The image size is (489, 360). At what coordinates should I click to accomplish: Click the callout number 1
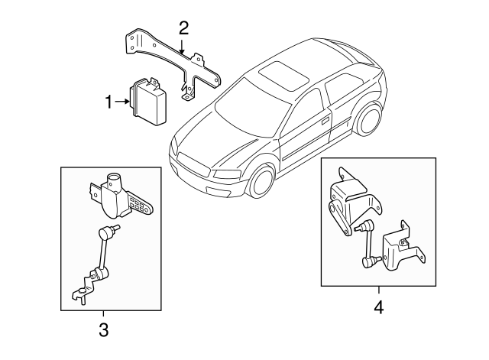click(108, 100)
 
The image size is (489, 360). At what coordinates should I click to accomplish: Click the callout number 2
click(183, 29)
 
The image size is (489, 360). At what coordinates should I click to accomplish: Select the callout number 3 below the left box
click(103, 330)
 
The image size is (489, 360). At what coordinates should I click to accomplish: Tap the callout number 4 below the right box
click(378, 310)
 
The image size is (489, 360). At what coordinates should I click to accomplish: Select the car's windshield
click(243, 107)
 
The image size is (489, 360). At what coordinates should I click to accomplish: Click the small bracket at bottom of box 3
click(83, 291)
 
